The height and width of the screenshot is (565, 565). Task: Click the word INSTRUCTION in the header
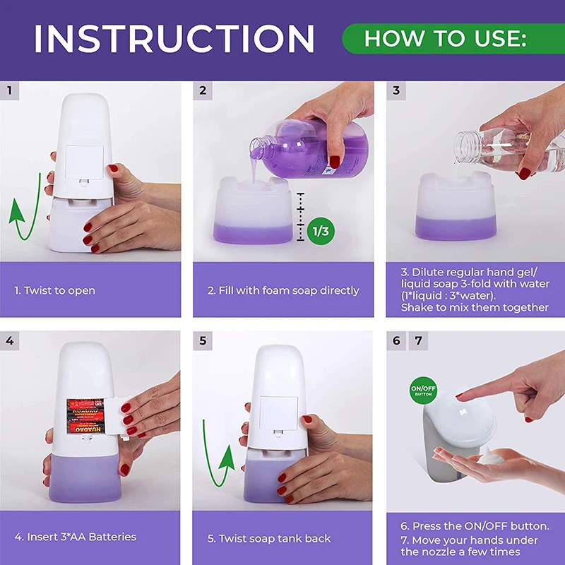tap(174, 39)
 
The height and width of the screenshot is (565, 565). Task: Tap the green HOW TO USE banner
tap(453, 39)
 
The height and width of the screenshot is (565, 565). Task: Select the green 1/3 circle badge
tap(321, 231)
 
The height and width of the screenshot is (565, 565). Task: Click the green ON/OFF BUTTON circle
tap(423, 391)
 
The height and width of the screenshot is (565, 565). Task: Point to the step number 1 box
tap(9, 90)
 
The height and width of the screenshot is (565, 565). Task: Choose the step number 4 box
tap(9, 340)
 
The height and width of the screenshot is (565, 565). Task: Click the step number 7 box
tap(418, 340)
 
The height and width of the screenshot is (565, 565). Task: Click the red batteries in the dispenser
tap(85, 416)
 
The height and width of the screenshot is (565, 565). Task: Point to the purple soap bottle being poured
tap(309, 148)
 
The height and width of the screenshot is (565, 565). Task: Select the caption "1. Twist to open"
tap(55, 290)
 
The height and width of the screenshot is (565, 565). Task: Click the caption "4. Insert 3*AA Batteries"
tap(76, 537)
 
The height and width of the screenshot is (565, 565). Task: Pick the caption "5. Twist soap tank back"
tap(269, 538)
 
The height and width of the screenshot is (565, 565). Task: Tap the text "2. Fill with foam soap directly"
tap(283, 290)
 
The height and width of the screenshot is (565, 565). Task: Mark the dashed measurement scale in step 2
tap(300, 217)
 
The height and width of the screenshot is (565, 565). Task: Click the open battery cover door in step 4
tap(117, 418)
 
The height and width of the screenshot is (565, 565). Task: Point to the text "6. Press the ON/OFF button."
tap(475, 526)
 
